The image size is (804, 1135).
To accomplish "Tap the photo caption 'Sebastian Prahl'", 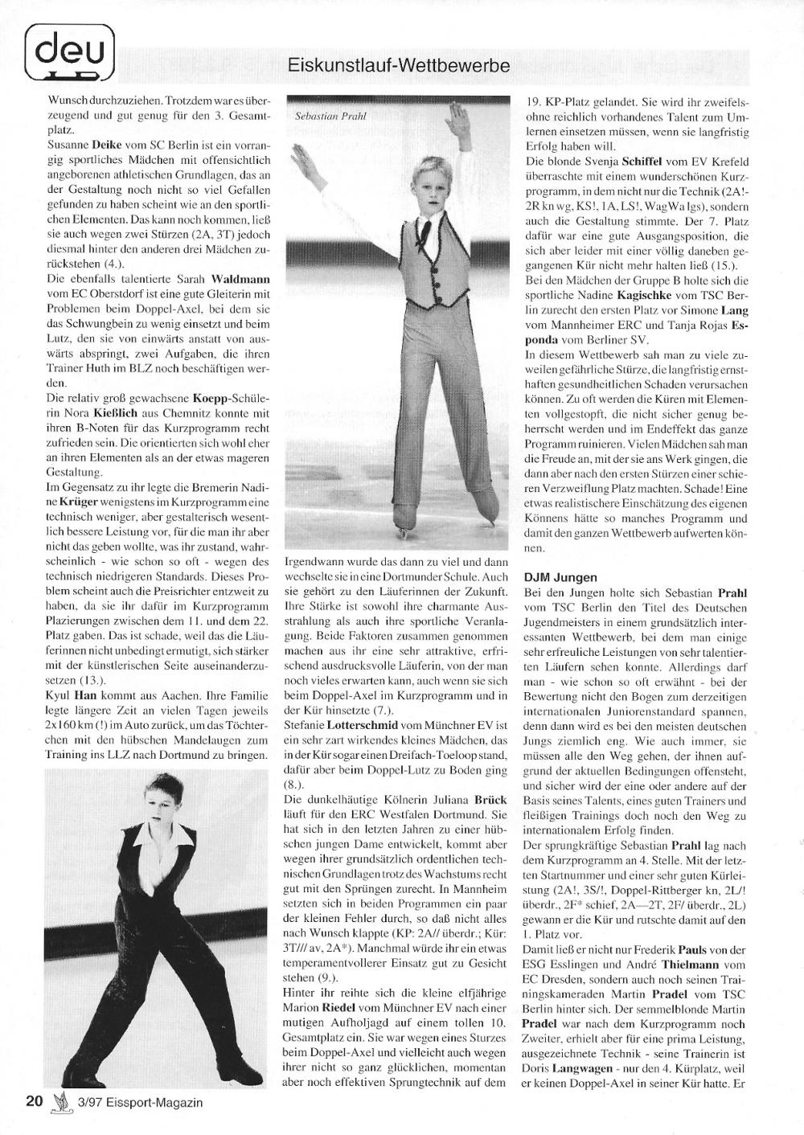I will (x=330, y=116).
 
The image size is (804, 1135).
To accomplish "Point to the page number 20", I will (x=34, y=1100).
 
